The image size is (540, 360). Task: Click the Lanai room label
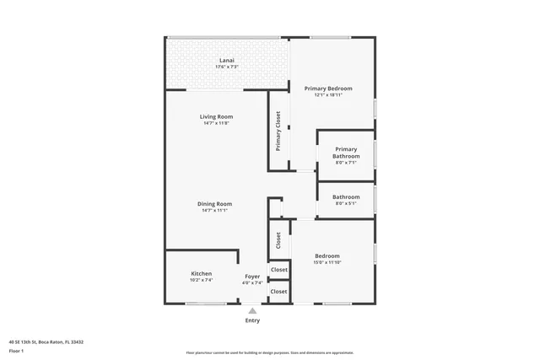click(x=227, y=60)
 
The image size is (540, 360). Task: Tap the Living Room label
click(x=216, y=116)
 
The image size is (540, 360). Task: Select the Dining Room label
click(x=215, y=204)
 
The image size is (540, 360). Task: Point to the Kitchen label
click(x=201, y=274)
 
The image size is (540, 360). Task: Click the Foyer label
click(x=252, y=277)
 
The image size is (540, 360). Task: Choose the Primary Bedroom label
click(x=328, y=89)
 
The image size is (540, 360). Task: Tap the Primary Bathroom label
click(x=346, y=153)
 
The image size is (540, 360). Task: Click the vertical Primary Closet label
click(x=278, y=132)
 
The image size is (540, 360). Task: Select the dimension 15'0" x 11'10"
click(x=327, y=262)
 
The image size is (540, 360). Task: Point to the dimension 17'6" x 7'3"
click(x=227, y=67)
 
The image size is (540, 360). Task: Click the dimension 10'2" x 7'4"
click(x=201, y=282)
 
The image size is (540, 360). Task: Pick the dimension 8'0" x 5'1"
click(x=346, y=204)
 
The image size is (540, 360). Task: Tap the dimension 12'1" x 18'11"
click(x=328, y=95)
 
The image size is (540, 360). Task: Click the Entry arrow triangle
click(x=252, y=310)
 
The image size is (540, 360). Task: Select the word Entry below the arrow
click(x=252, y=320)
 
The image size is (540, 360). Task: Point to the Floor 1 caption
click(x=17, y=350)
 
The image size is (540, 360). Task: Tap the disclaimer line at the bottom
click(x=270, y=352)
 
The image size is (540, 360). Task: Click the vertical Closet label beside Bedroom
click(x=278, y=240)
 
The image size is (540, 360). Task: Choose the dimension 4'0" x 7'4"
click(x=252, y=283)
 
